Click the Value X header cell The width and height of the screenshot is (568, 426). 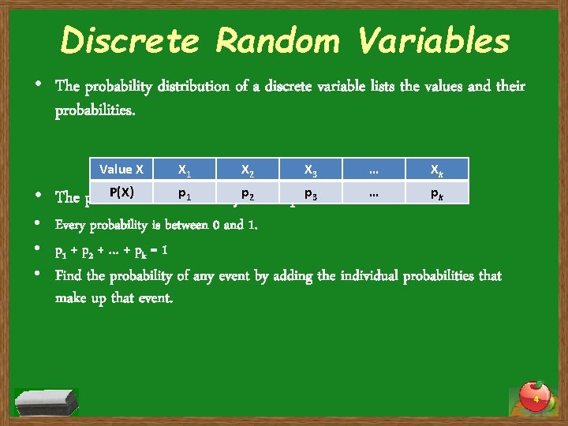pyautogui.click(x=121, y=169)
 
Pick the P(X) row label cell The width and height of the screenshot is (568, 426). pyautogui.click(x=121, y=192)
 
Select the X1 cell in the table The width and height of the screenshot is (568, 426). pyautogui.click(x=183, y=169)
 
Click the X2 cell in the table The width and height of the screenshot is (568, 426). pyautogui.click(x=247, y=169)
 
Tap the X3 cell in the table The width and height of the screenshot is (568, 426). pyautogui.click(x=310, y=169)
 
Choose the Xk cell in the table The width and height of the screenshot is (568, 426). pyautogui.click(x=436, y=169)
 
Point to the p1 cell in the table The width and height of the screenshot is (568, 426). pyautogui.click(x=183, y=192)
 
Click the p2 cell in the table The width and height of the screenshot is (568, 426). pyautogui.click(x=247, y=192)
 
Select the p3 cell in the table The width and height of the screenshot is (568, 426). pyautogui.click(x=310, y=192)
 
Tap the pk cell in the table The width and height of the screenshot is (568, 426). pyautogui.click(x=436, y=192)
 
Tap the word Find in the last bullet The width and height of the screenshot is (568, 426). pyautogui.click(x=69, y=276)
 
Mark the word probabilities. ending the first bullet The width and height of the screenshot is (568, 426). pyautogui.click(x=95, y=110)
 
